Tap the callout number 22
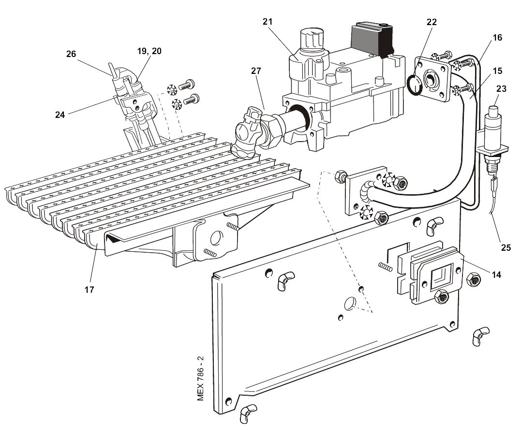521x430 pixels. tap(432, 21)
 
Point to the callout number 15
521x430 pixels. tap(497, 71)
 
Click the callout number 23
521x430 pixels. tap(502, 88)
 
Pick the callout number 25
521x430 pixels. tap(506, 248)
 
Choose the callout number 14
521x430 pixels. tap(496, 274)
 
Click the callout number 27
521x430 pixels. tap(255, 71)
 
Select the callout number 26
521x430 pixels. tap(71, 54)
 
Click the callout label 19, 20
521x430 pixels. tap(149, 50)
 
